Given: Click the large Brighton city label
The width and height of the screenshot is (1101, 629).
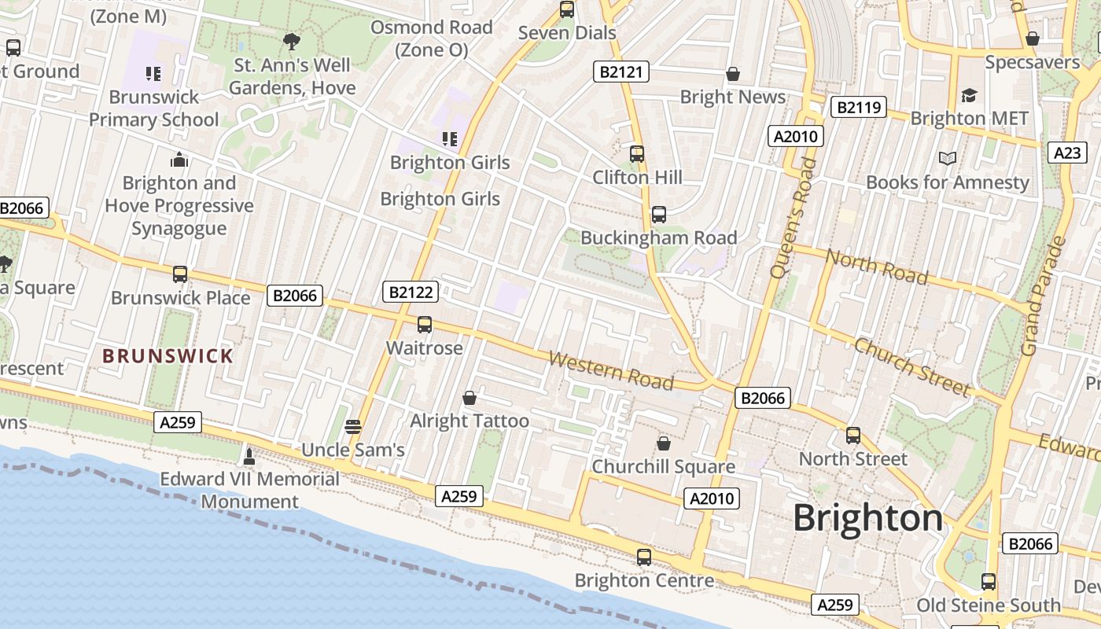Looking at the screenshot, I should pyautogui.click(x=867, y=518).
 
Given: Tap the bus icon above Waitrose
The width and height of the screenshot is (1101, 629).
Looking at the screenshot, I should pyautogui.click(x=425, y=324).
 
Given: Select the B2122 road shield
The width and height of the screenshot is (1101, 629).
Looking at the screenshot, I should pyautogui.click(x=411, y=292).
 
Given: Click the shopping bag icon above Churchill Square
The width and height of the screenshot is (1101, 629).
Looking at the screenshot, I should pyautogui.click(x=664, y=443).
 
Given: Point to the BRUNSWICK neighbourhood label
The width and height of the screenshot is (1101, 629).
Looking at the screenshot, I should pyautogui.click(x=168, y=356).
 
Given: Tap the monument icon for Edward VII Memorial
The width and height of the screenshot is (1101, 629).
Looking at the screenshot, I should pyautogui.click(x=249, y=456).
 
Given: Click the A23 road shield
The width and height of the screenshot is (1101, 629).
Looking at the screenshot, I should pyautogui.click(x=1067, y=153).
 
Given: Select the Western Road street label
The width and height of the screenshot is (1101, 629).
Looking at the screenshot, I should pyautogui.click(x=611, y=370).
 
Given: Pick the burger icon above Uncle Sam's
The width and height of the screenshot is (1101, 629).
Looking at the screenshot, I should pyautogui.click(x=353, y=427).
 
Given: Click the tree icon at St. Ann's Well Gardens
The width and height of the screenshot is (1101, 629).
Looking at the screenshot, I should pyautogui.click(x=292, y=42).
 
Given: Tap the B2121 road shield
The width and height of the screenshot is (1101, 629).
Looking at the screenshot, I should pyautogui.click(x=621, y=72).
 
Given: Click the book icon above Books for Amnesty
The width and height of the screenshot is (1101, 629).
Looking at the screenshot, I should pyautogui.click(x=948, y=159).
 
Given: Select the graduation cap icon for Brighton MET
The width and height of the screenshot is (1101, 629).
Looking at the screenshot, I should pyautogui.click(x=969, y=95).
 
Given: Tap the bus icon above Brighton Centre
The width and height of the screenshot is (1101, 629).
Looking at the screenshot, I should pyautogui.click(x=644, y=557).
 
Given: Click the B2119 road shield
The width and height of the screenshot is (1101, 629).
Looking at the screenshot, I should pyautogui.click(x=858, y=107).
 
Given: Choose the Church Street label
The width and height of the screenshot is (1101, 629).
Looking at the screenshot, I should pyautogui.click(x=911, y=366).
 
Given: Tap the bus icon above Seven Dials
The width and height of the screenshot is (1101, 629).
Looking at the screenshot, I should pyautogui.click(x=566, y=10).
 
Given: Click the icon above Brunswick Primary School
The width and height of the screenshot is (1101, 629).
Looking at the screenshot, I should pyautogui.click(x=153, y=74).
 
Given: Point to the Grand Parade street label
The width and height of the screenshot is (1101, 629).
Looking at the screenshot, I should pyautogui.click(x=1042, y=296).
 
